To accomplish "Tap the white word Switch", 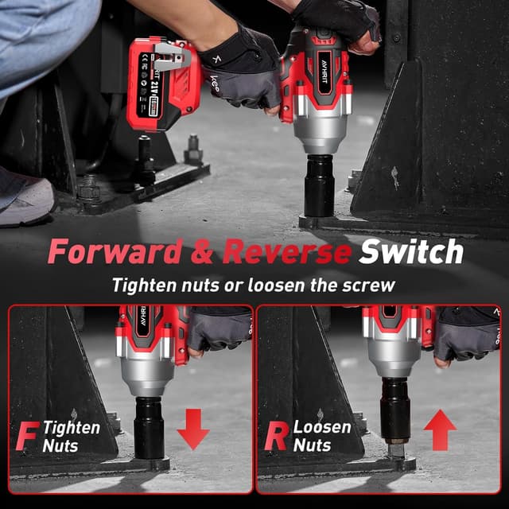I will coord(410,251).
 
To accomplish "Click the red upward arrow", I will coord(440,429).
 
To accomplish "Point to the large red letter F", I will coord(29,437).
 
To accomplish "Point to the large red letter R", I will coord(275,437).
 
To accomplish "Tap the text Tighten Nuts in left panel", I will coord(72,436).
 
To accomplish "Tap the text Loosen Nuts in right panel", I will coord(321,436).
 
